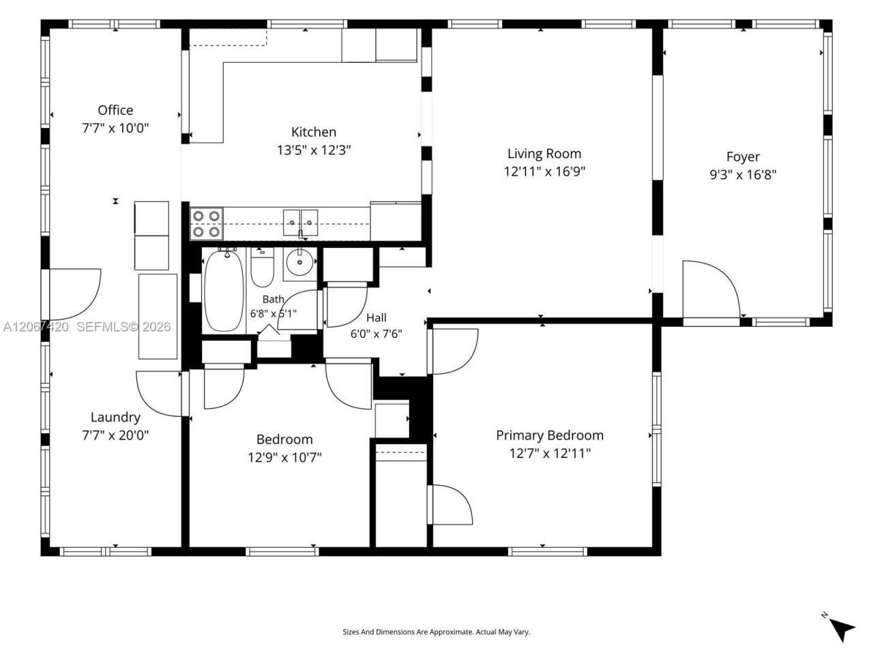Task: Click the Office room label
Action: click(x=115, y=110)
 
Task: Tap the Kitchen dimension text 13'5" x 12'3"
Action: click(x=314, y=150)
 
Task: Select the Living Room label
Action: click(x=544, y=154)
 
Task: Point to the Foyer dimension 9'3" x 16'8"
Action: click(x=743, y=174)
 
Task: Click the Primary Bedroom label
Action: click(x=550, y=435)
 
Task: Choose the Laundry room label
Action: click(x=115, y=418)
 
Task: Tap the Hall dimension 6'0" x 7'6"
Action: click(x=376, y=334)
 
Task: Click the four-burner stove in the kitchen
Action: click(x=207, y=224)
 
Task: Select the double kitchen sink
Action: click(x=301, y=223)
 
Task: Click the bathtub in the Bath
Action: click(x=224, y=291)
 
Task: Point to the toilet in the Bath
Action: click(x=262, y=267)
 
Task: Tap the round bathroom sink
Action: click(x=299, y=262)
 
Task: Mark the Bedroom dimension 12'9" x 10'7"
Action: click(x=285, y=457)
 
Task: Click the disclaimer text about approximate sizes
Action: click(x=436, y=632)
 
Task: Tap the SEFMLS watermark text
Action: click(x=123, y=327)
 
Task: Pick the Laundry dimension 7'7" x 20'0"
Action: click(x=115, y=435)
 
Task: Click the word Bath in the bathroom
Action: click(x=273, y=299)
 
